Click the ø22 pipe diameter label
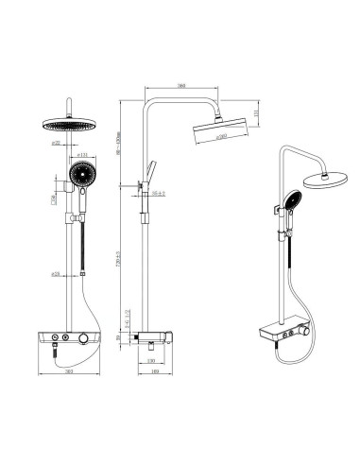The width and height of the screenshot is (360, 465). pos(57,144)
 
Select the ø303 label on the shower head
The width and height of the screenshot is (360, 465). pos(221,135)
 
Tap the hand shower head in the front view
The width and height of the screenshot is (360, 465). pos(81,177)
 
